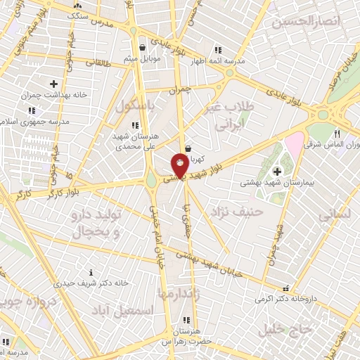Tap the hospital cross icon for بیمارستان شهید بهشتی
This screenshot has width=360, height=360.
[x=277, y=171]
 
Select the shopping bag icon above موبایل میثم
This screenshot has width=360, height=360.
[x=143, y=48]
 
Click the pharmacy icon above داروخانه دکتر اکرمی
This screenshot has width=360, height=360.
[x=285, y=288]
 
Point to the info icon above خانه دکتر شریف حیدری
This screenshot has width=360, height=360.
[x=91, y=272]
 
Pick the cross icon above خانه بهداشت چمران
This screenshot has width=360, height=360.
[x=53, y=84]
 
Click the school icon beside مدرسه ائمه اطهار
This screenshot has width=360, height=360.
[x=217, y=51]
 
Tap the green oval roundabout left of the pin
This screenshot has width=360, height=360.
[x=152, y=181]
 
